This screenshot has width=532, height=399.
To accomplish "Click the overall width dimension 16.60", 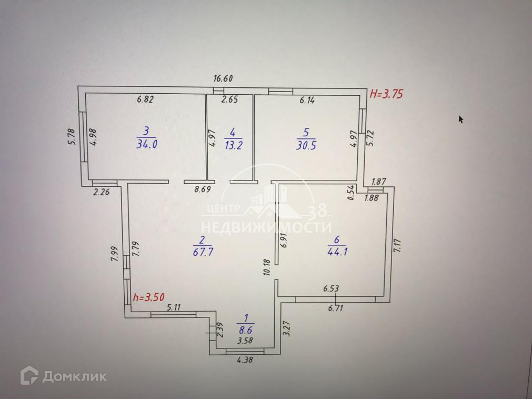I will point(223,79).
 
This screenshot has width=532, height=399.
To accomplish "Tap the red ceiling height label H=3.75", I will point(386,95).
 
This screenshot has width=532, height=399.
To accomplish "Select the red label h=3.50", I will point(152,297).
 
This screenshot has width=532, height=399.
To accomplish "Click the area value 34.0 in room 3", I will point(147,145).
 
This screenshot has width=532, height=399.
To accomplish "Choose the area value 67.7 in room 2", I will point(202,252).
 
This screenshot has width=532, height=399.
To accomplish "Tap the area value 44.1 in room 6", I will point(337,252).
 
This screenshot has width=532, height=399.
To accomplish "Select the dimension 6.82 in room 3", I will point(145,100).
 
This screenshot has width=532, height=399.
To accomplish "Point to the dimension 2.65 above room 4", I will point(229,100).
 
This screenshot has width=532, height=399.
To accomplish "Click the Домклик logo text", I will point(74,376).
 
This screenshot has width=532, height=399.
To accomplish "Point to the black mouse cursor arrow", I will point(461,119).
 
